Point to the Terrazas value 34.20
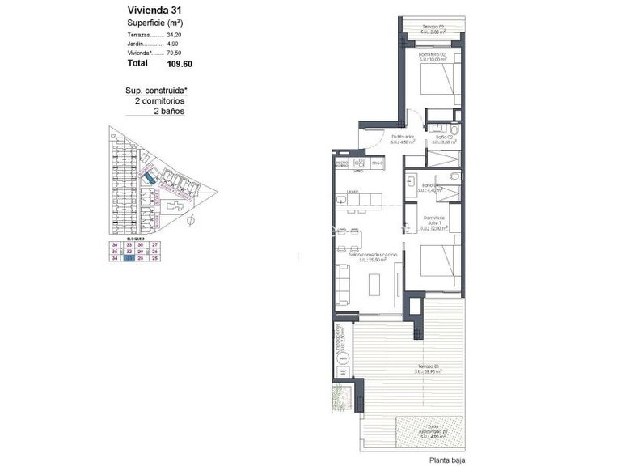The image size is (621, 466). click(175, 35)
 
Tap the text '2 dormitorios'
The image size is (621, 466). click(160, 102)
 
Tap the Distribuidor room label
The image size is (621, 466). click(402, 139)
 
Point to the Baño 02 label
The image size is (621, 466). click(444, 139)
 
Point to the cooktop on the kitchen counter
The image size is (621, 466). click(357, 163)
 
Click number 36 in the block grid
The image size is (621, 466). click(115, 244)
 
